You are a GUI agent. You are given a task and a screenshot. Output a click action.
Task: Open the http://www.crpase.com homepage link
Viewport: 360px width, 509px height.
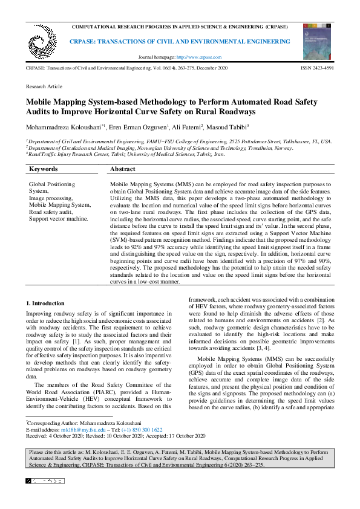pos(199,57)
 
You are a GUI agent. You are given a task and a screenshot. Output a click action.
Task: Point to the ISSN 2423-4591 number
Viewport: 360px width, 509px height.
pos(316,70)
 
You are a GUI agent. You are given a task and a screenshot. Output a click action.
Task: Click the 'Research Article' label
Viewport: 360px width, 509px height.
pos(44,87)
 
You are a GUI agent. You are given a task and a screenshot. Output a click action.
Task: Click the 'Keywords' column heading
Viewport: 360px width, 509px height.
pos(44,169)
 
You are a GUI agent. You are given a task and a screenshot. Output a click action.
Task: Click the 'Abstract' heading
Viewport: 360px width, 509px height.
pos(123,169)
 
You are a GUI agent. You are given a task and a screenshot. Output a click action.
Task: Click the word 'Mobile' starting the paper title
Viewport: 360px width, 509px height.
pos(39,102)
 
